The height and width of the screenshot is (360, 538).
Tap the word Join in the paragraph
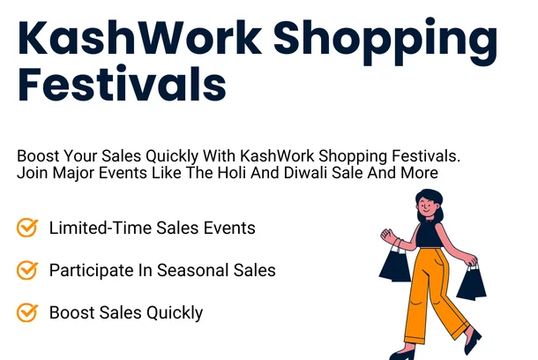pos(32,173)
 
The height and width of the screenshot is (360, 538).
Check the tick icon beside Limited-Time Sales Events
pos(27,228)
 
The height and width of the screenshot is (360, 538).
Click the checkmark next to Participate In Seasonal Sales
pos(27,270)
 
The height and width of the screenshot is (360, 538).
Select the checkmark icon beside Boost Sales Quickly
pos(27,312)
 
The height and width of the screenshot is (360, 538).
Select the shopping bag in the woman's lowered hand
pos(471,282)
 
